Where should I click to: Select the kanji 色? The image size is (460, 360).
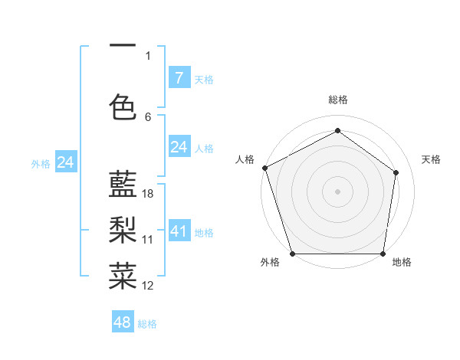pos(123,106)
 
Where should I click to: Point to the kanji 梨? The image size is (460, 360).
pos(123,229)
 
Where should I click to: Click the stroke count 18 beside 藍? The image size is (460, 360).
pos(148,194)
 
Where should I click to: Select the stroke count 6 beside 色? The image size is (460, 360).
pos(148,116)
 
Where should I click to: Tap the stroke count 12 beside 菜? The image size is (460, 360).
pos(148,286)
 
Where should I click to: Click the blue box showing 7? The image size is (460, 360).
pos(179,78)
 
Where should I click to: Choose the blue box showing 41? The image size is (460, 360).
pos(179,231)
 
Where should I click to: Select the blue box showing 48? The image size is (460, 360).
pos(123,322)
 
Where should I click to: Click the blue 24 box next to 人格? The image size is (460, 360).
pos(179,147)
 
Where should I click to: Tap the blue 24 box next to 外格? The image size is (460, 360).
pos(66,162)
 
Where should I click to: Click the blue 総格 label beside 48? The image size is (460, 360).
pos(147,324)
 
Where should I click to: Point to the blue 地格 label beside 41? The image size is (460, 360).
pos(204,233)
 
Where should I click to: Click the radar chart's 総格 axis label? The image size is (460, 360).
pos(337,100)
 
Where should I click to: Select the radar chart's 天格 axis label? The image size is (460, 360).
pos(431,159)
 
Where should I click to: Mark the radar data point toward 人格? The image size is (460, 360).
pos(264,168)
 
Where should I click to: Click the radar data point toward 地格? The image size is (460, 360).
pos(383,254)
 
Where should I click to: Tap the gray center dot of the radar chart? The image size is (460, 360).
pos(337,191)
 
